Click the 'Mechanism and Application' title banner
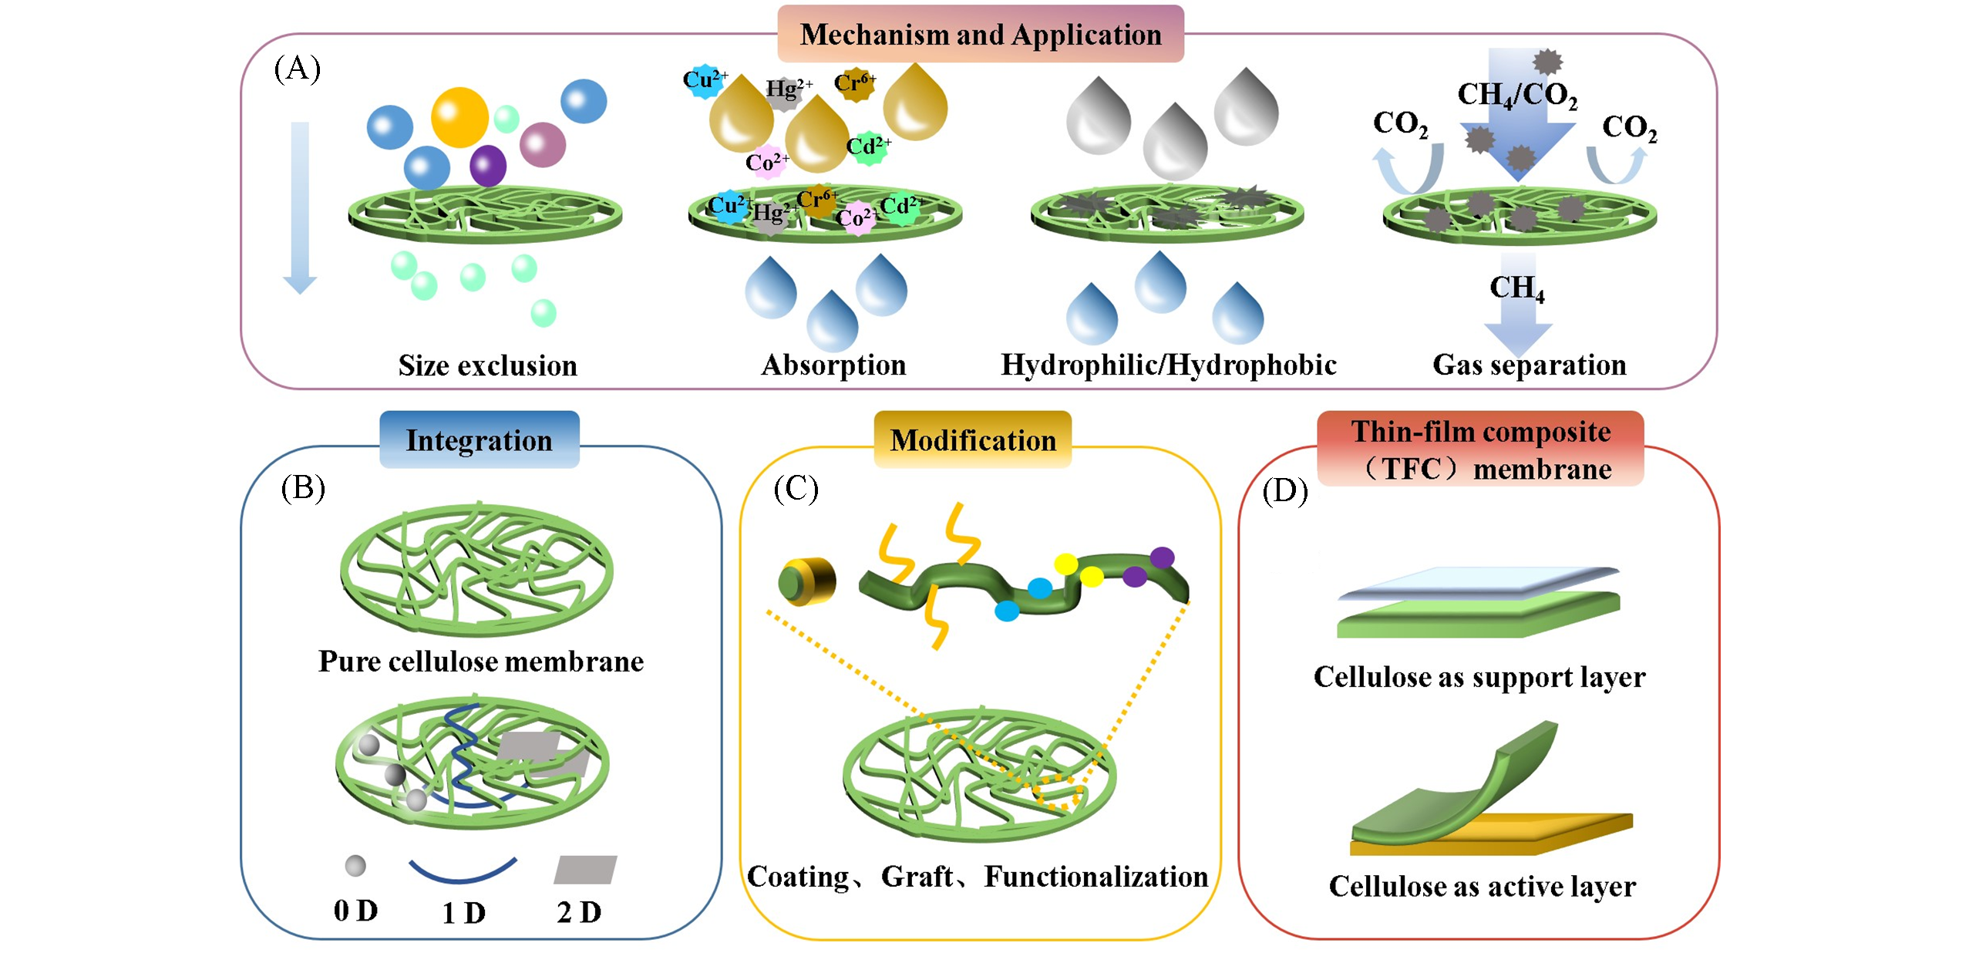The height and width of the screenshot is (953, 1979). click(980, 35)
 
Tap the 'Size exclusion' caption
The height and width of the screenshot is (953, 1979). click(487, 365)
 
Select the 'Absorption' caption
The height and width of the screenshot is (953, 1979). click(833, 365)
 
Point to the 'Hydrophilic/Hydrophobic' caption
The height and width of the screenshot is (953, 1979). click(1168, 365)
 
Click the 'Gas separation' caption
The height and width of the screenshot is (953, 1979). click(1529, 365)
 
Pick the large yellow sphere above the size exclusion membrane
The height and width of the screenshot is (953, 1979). click(459, 117)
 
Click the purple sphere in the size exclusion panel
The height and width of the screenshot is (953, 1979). click(487, 165)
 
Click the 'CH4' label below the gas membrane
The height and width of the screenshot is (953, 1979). click(1516, 288)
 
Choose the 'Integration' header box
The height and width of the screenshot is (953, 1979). click(479, 440)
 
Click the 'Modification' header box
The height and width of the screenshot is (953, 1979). click(972, 440)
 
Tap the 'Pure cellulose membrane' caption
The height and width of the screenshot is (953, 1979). click(481, 662)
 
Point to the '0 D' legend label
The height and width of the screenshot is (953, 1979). click(355, 911)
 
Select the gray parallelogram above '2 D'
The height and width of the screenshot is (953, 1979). click(585, 869)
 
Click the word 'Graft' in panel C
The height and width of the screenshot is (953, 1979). click(917, 877)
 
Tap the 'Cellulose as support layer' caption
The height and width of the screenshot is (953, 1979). click(1479, 677)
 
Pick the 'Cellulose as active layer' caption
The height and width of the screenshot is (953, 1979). click(1482, 887)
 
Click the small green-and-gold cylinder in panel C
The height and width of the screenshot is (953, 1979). click(806, 581)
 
